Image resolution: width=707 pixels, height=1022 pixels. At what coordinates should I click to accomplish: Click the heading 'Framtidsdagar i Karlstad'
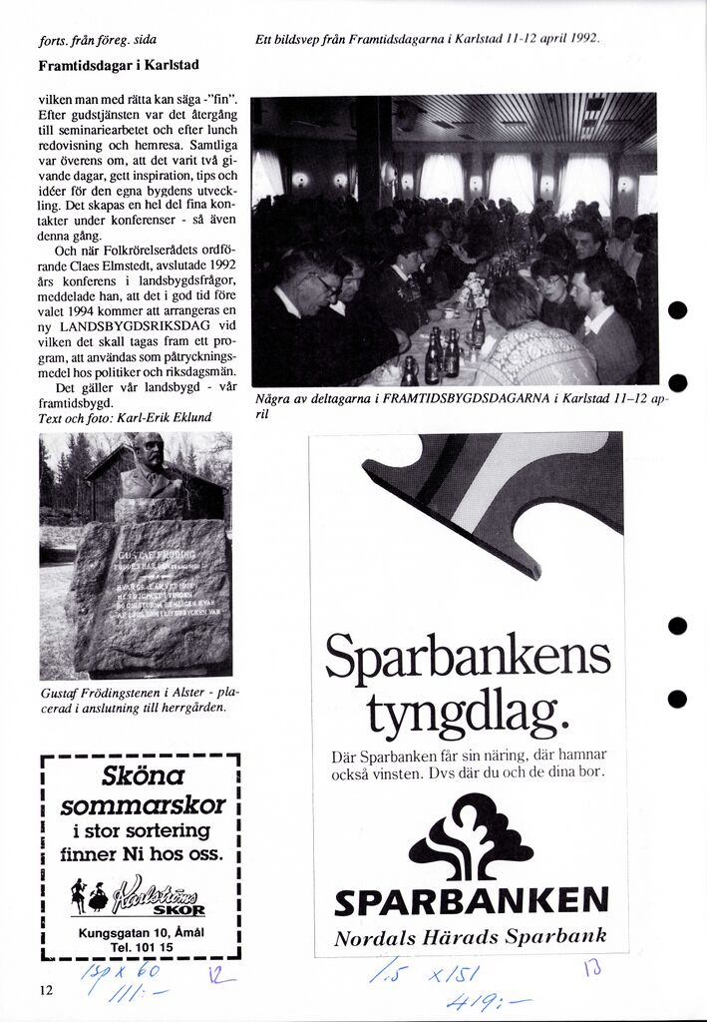pyautogui.click(x=119, y=65)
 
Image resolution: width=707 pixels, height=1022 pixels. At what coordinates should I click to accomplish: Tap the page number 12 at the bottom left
pyautogui.click(x=46, y=990)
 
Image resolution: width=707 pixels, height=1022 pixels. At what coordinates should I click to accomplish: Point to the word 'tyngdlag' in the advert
pyautogui.click(x=467, y=713)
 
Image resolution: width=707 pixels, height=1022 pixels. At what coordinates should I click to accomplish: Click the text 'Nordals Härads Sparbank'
pyautogui.click(x=471, y=937)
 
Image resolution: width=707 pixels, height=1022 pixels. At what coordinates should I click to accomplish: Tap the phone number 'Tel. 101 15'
pyautogui.click(x=141, y=946)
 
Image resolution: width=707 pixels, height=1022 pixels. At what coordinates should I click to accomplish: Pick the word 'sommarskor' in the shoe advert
pyautogui.click(x=143, y=804)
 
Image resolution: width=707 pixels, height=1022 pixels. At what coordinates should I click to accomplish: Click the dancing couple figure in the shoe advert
pyautogui.click(x=90, y=894)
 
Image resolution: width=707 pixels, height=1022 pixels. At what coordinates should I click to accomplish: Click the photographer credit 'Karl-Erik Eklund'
pyautogui.click(x=165, y=417)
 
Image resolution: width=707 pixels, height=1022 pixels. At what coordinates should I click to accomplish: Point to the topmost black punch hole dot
pyautogui.click(x=678, y=310)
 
